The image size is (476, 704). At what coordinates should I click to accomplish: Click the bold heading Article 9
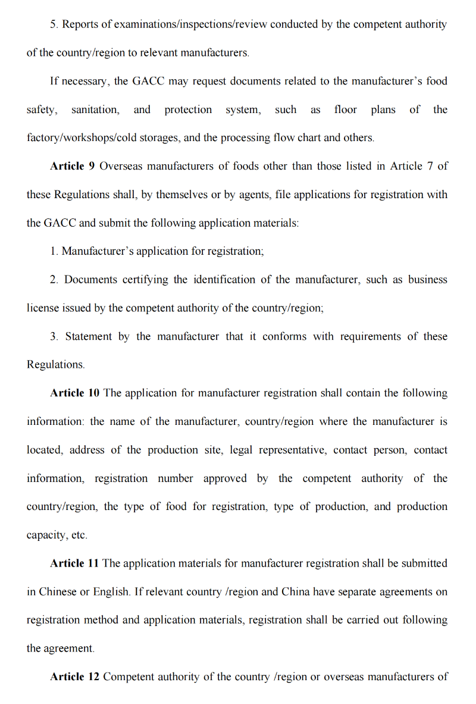click(x=72, y=167)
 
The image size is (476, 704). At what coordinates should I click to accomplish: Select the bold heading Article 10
click(x=75, y=393)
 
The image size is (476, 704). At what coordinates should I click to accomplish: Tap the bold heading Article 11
click(x=74, y=564)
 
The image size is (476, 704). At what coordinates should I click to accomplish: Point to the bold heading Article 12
click(x=74, y=677)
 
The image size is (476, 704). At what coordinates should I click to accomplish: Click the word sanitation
click(x=95, y=110)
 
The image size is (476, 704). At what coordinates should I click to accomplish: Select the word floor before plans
click(x=346, y=110)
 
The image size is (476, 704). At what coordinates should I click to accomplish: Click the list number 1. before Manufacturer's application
click(x=54, y=252)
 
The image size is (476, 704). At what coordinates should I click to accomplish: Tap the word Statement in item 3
click(x=88, y=337)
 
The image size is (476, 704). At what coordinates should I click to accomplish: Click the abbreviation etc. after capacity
click(x=79, y=536)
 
